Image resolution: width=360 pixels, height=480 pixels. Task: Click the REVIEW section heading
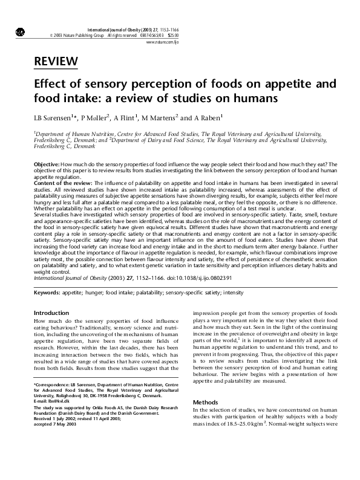[56, 60]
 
